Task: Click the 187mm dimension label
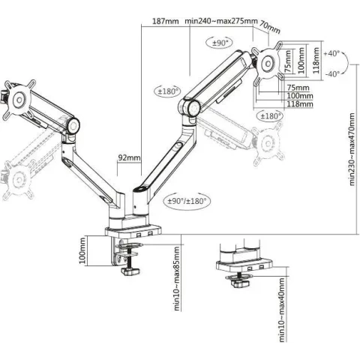pyautogui.click(x=166, y=21)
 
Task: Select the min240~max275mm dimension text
pyautogui.click(x=221, y=21)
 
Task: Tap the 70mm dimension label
pyautogui.click(x=270, y=27)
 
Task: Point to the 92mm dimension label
pyautogui.click(x=129, y=157)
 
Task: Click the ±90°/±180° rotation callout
pyautogui.click(x=187, y=201)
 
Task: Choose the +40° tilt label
pyautogui.click(x=331, y=53)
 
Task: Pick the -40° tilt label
pyautogui.click(x=332, y=74)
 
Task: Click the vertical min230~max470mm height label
pyautogui.click(x=352, y=149)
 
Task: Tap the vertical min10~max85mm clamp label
pyautogui.click(x=177, y=279)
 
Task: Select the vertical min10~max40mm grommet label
pyautogui.click(x=282, y=310)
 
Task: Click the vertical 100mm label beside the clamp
pyautogui.click(x=82, y=250)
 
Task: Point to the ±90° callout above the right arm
pyautogui.click(x=220, y=43)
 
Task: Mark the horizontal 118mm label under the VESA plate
pyautogui.click(x=300, y=103)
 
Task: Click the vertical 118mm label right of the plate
pyautogui.click(x=316, y=60)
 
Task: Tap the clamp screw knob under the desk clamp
pyautogui.click(x=130, y=271)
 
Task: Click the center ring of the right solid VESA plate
pyautogui.click(x=268, y=64)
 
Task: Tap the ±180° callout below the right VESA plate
pyautogui.click(x=270, y=116)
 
